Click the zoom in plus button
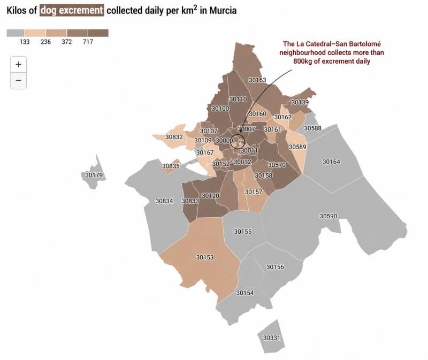click(18, 64)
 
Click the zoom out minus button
click(18, 80)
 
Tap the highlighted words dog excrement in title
click(72, 10)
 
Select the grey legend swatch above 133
click(17, 33)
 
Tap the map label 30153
click(205, 257)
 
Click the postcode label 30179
click(94, 175)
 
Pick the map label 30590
click(328, 216)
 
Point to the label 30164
click(331, 162)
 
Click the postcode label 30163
click(257, 80)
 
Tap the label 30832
click(174, 137)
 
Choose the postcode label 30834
click(164, 201)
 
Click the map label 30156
click(275, 266)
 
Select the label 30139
click(300, 102)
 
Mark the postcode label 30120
click(210, 196)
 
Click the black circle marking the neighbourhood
click(238, 142)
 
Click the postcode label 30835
click(171, 166)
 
